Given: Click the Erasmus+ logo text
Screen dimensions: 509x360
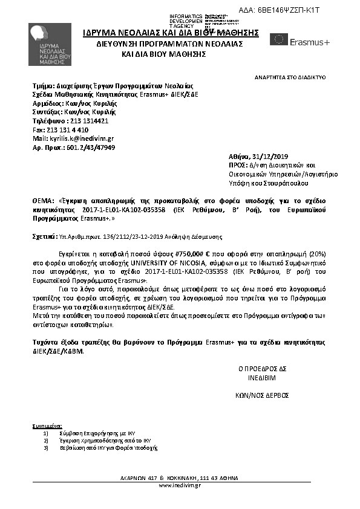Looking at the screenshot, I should click(x=310, y=42).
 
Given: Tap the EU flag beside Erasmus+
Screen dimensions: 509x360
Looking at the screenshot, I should click(x=279, y=40).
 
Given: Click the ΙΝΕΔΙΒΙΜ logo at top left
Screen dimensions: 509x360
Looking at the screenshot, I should click(x=47, y=46).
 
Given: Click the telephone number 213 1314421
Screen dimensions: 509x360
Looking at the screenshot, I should click(x=87, y=121).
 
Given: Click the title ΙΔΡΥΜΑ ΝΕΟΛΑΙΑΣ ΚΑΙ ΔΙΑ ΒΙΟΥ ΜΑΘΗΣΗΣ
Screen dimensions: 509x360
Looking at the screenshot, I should click(x=171, y=33).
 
